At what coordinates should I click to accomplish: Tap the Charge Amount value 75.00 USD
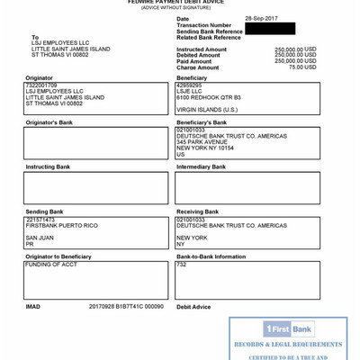click(302, 67)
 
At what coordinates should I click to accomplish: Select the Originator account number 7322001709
click(41, 85)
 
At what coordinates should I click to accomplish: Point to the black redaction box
click(270, 29)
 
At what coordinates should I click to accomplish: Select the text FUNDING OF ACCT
click(51, 265)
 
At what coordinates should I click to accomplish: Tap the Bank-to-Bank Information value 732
click(181, 265)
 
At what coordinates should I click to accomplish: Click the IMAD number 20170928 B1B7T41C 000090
click(126, 306)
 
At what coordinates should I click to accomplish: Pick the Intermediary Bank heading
click(201, 167)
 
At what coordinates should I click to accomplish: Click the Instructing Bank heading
click(48, 167)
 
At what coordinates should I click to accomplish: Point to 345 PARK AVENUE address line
click(202, 142)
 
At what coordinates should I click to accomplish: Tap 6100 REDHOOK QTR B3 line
click(209, 97)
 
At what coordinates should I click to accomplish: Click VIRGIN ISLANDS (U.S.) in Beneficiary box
click(207, 110)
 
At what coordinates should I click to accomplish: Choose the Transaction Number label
click(203, 25)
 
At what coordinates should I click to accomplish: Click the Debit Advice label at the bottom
click(193, 306)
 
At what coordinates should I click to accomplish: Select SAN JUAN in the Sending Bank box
click(40, 238)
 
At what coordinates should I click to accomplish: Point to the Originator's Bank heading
click(49, 122)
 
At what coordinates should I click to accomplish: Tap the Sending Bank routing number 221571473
click(40, 220)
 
